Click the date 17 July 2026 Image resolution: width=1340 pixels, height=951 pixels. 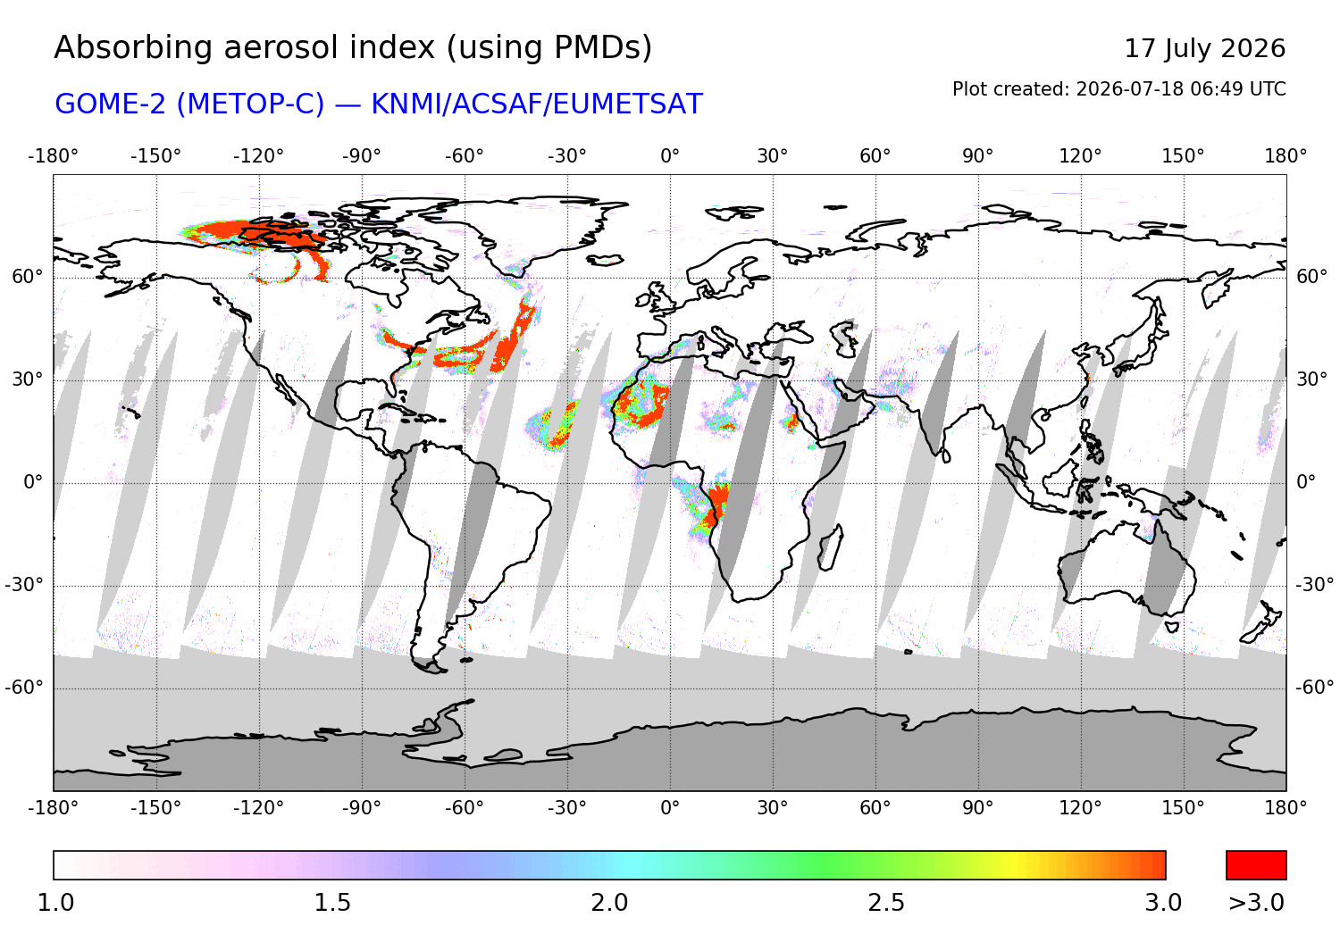click(x=1204, y=48)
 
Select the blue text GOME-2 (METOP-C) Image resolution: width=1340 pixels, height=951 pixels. click(x=189, y=104)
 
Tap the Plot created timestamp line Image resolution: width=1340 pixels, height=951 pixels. click(x=1118, y=89)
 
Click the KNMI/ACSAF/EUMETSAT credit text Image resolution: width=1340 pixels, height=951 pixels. click(x=537, y=104)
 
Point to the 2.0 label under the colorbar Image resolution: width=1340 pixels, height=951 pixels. click(x=609, y=903)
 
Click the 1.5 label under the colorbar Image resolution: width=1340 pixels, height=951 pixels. click(x=332, y=903)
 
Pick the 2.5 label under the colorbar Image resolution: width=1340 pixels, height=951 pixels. click(x=886, y=903)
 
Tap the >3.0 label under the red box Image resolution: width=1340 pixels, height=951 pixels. click(x=1256, y=903)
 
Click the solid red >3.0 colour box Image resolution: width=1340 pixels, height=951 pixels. click(x=1256, y=865)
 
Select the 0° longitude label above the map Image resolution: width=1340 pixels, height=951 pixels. click(x=669, y=156)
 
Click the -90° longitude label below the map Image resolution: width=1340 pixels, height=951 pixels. click(x=361, y=808)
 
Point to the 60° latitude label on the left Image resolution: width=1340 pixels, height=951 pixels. click(x=28, y=277)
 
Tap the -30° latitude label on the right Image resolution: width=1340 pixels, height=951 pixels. click(x=1314, y=585)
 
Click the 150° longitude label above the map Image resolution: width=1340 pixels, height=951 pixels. click(x=1183, y=156)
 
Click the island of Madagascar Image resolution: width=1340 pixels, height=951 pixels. click(x=830, y=547)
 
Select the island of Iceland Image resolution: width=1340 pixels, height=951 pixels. click(x=605, y=260)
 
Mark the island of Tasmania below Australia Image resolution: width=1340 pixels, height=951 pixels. click(x=1171, y=627)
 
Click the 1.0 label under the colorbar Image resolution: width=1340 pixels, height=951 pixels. click(x=55, y=903)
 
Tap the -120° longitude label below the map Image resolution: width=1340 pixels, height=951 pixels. click(x=258, y=808)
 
